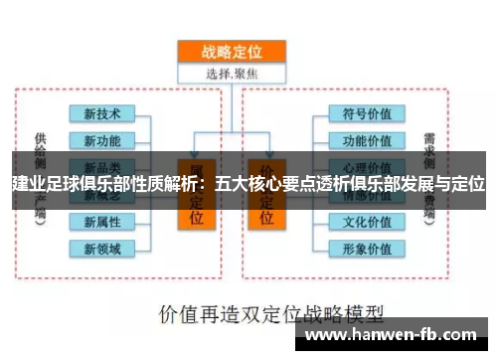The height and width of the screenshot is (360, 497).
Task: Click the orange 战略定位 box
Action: (x=231, y=53)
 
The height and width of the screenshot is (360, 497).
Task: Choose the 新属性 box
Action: (x=102, y=221)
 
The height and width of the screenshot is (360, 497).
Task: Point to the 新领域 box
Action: (x=102, y=248)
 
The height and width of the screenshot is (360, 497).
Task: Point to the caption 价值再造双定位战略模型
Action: (x=257, y=313)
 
